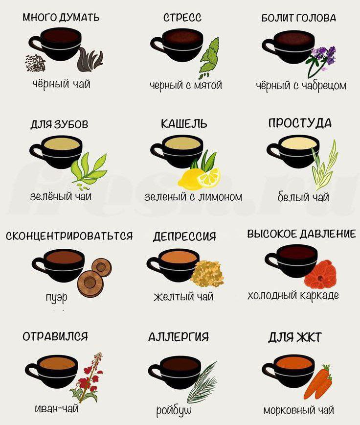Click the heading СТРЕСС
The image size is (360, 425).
182,18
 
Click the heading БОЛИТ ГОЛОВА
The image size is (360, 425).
298,18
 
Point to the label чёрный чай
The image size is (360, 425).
62,84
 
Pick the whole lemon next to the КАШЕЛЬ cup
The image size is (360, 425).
190,178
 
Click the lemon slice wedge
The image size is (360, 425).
209,177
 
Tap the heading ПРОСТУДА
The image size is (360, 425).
300,123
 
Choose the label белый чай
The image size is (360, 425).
303,196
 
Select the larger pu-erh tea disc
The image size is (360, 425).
90,283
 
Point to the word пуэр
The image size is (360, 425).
57,297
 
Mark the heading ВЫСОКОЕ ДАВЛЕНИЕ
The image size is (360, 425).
301,234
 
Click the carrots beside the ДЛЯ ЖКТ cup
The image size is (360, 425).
319,382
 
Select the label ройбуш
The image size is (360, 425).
174,411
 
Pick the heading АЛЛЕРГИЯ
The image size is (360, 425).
179,337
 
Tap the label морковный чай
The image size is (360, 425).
299,410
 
